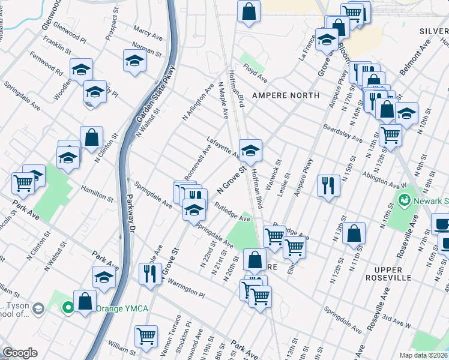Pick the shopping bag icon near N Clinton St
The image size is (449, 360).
pyautogui.click(x=91, y=137)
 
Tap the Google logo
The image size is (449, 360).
pyautogui.click(x=20, y=353)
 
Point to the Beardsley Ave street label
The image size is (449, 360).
pyautogui.click(x=342, y=135)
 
